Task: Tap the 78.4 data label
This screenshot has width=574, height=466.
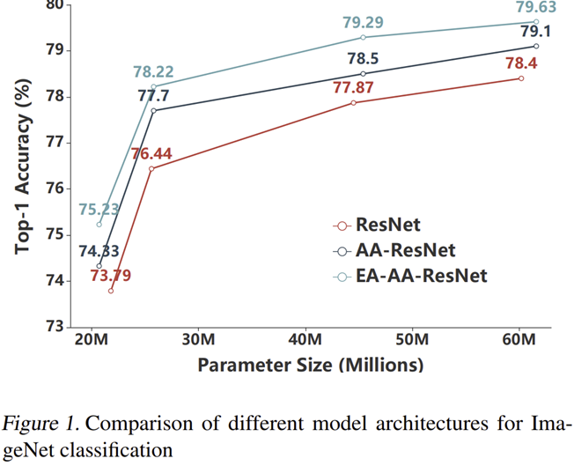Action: coord(521,63)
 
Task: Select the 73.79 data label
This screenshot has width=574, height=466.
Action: coord(111,275)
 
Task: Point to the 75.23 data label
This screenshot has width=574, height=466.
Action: coord(99,209)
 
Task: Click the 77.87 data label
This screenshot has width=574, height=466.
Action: coord(353,87)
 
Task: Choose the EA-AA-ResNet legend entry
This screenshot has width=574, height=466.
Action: coord(422,276)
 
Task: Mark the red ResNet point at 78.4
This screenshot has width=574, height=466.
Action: coord(521,78)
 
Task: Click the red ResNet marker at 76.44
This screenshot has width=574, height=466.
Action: coord(151,168)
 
